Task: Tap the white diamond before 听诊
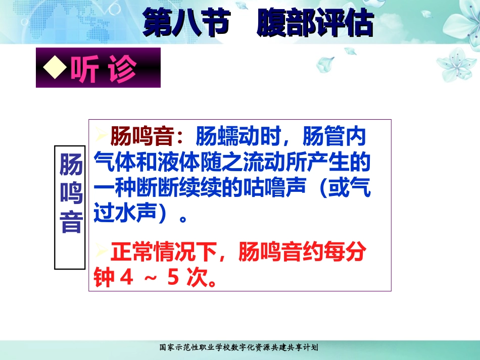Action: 54,68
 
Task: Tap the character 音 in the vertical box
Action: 71,222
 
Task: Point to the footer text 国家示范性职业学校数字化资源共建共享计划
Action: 238,347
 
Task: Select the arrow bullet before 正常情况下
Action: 102,251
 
